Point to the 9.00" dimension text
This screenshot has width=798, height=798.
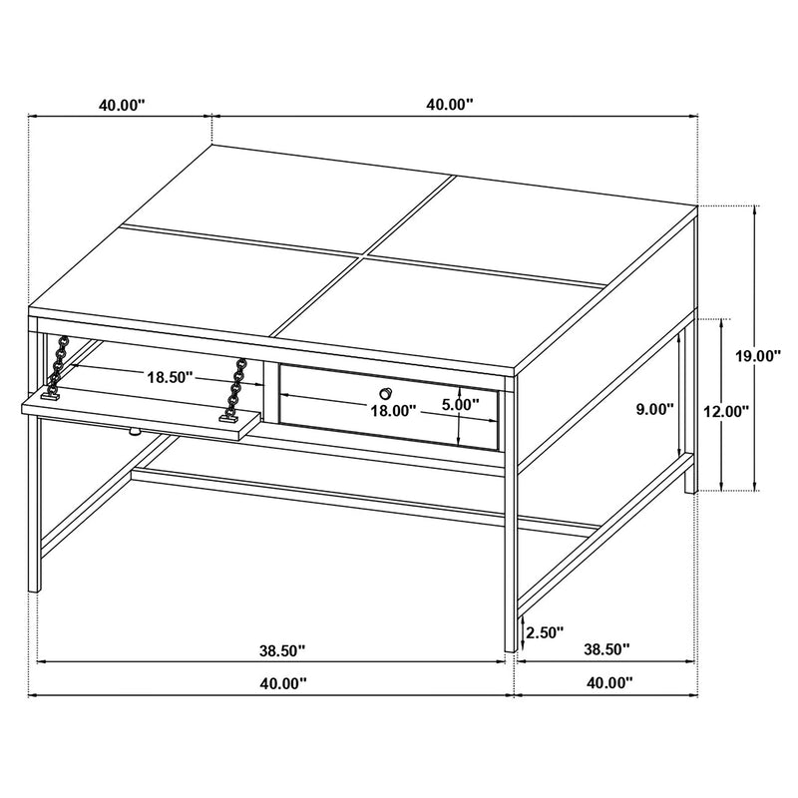point(653,409)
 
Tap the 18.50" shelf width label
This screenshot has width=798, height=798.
point(170,378)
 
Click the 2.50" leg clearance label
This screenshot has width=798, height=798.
point(544,631)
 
